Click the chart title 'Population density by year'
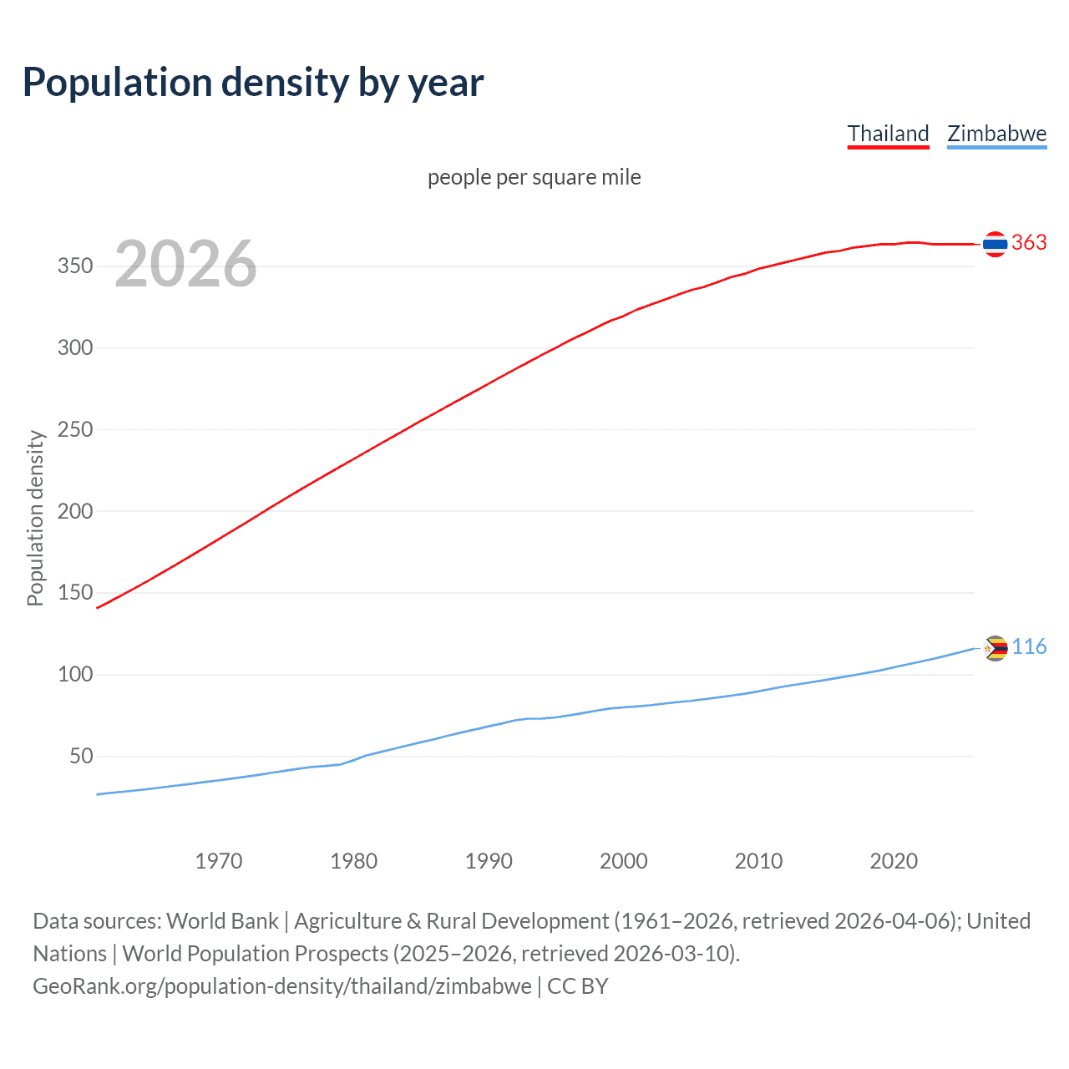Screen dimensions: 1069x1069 (253, 83)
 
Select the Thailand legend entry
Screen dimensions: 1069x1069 (888, 134)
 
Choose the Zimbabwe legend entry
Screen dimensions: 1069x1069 (996, 134)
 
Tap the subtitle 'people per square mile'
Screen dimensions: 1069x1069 (534, 177)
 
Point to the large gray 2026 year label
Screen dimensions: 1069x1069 (185, 264)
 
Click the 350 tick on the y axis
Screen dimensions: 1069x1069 (74, 266)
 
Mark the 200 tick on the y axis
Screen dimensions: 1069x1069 (74, 511)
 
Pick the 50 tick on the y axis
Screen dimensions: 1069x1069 (81, 757)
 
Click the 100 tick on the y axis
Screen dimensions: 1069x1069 (74, 675)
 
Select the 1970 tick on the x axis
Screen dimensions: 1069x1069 (219, 861)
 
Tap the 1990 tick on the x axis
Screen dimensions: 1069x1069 (489, 861)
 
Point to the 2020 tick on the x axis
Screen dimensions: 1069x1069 (894, 861)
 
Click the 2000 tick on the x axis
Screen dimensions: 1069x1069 (624, 861)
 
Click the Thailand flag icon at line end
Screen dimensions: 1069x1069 (995, 244)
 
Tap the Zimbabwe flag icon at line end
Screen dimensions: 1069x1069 (996, 648)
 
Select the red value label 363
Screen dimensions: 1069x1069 (1029, 243)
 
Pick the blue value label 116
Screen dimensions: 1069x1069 (1029, 647)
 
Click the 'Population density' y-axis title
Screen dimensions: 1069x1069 (35, 518)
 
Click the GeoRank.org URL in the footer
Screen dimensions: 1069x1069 (282, 986)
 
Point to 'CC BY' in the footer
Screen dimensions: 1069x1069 (578, 986)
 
